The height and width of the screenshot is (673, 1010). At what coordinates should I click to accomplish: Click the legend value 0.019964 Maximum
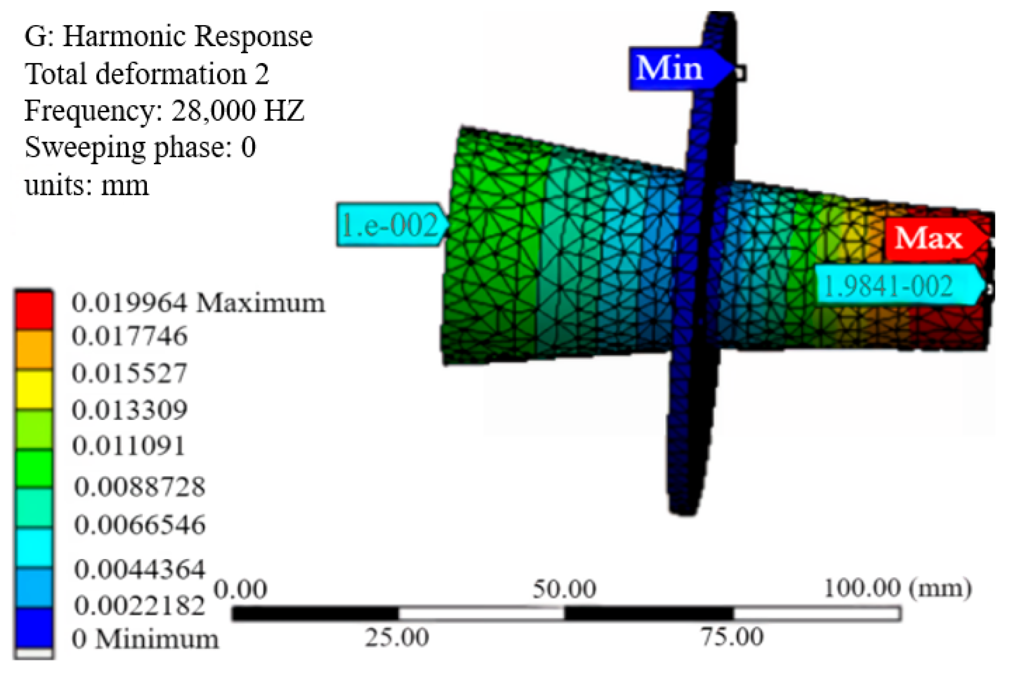[198, 303]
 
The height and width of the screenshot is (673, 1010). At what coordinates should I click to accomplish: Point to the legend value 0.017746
[130, 336]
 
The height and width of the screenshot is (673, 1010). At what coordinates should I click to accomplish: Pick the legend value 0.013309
[130, 410]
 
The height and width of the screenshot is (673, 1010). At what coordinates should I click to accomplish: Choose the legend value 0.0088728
[140, 487]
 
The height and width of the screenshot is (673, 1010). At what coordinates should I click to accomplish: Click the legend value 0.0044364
[140, 570]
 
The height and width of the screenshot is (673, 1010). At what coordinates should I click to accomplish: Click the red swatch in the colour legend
[34, 310]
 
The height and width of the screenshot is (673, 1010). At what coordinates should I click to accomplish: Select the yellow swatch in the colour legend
[34, 389]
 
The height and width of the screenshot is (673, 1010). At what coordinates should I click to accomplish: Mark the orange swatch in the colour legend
[34, 349]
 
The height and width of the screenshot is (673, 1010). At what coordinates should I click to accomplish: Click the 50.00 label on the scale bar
[564, 590]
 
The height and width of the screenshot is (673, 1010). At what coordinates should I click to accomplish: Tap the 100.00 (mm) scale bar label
[897, 588]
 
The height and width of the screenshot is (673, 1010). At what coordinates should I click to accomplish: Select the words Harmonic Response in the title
[188, 37]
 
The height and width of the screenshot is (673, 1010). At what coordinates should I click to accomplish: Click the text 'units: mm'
[87, 185]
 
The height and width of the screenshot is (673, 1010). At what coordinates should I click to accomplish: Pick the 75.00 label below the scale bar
[732, 637]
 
